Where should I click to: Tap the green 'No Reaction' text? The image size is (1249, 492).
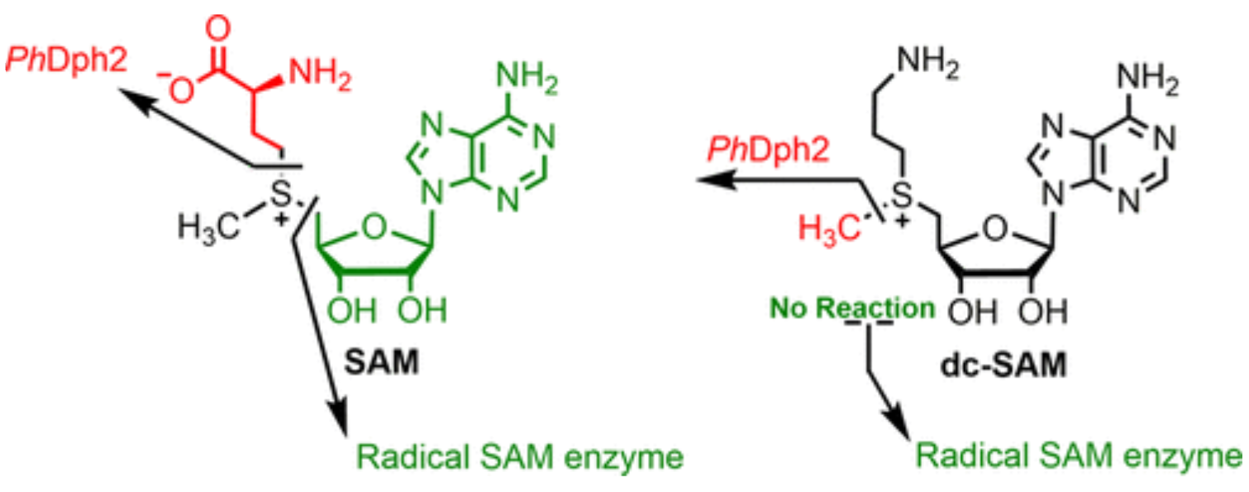[852, 309]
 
